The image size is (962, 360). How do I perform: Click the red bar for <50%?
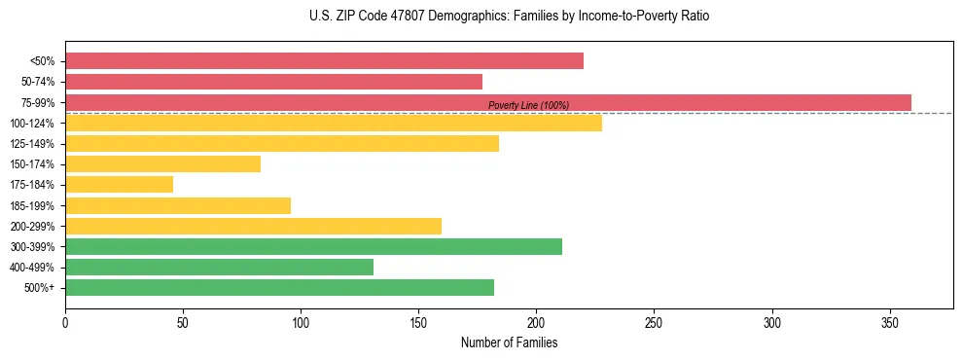click(x=324, y=60)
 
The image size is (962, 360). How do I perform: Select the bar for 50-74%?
click(x=273, y=82)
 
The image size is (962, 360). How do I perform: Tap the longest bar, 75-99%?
click(x=487, y=102)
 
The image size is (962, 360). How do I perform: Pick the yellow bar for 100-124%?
click(x=334, y=123)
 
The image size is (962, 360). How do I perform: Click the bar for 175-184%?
click(x=119, y=184)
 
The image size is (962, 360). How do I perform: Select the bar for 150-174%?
click(x=162, y=163)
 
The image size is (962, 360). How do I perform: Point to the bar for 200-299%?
click(x=253, y=226)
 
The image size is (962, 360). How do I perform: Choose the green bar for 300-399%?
click(x=313, y=246)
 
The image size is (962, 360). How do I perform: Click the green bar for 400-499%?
click(x=219, y=267)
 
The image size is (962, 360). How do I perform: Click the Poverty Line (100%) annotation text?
click(x=528, y=106)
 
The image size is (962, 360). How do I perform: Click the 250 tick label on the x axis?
click(x=654, y=321)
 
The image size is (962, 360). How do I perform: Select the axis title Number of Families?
click(x=509, y=342)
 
